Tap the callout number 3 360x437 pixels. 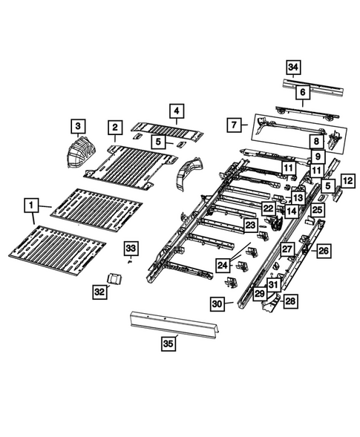pyautogui.click(x=78, y=125)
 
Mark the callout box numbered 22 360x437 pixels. pyautogui.click(x=268, y=209)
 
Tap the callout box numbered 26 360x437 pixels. pyautogui.click(x=323, y=252)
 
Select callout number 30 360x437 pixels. pyautogui.click(x=217, y=303)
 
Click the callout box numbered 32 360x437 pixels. pyautogui.click(x=99, y=292)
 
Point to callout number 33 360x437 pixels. pyautogui.click(x=130, y=247)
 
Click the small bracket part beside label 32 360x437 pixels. pyautogui.click(x=115, y=278)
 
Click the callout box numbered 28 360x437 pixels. pyautogui.click(x=290, y=300)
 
